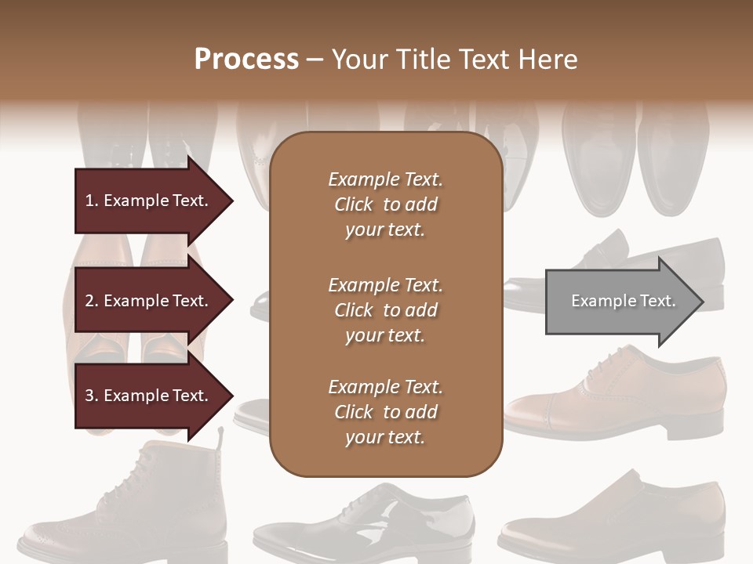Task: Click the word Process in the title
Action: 246,60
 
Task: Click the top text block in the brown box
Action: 385,204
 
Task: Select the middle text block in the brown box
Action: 385,309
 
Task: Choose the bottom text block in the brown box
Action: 385,412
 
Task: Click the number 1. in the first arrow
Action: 92,201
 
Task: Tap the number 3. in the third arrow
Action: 92,396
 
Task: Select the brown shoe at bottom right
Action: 620,517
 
